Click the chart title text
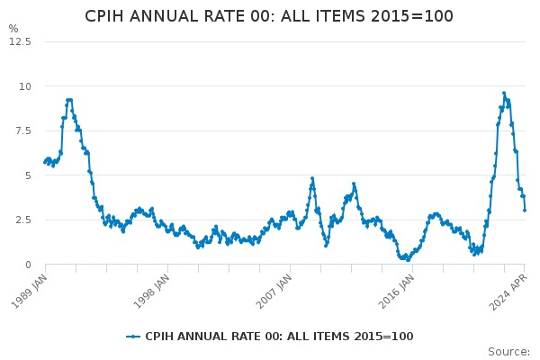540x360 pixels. [269, 16]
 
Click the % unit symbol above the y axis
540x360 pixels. [13, 29]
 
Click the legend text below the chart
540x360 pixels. [279, 337]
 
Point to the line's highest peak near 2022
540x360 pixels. [504, 93]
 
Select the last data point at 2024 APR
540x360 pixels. [525, 210]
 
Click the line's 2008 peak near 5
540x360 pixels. [312, 178]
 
